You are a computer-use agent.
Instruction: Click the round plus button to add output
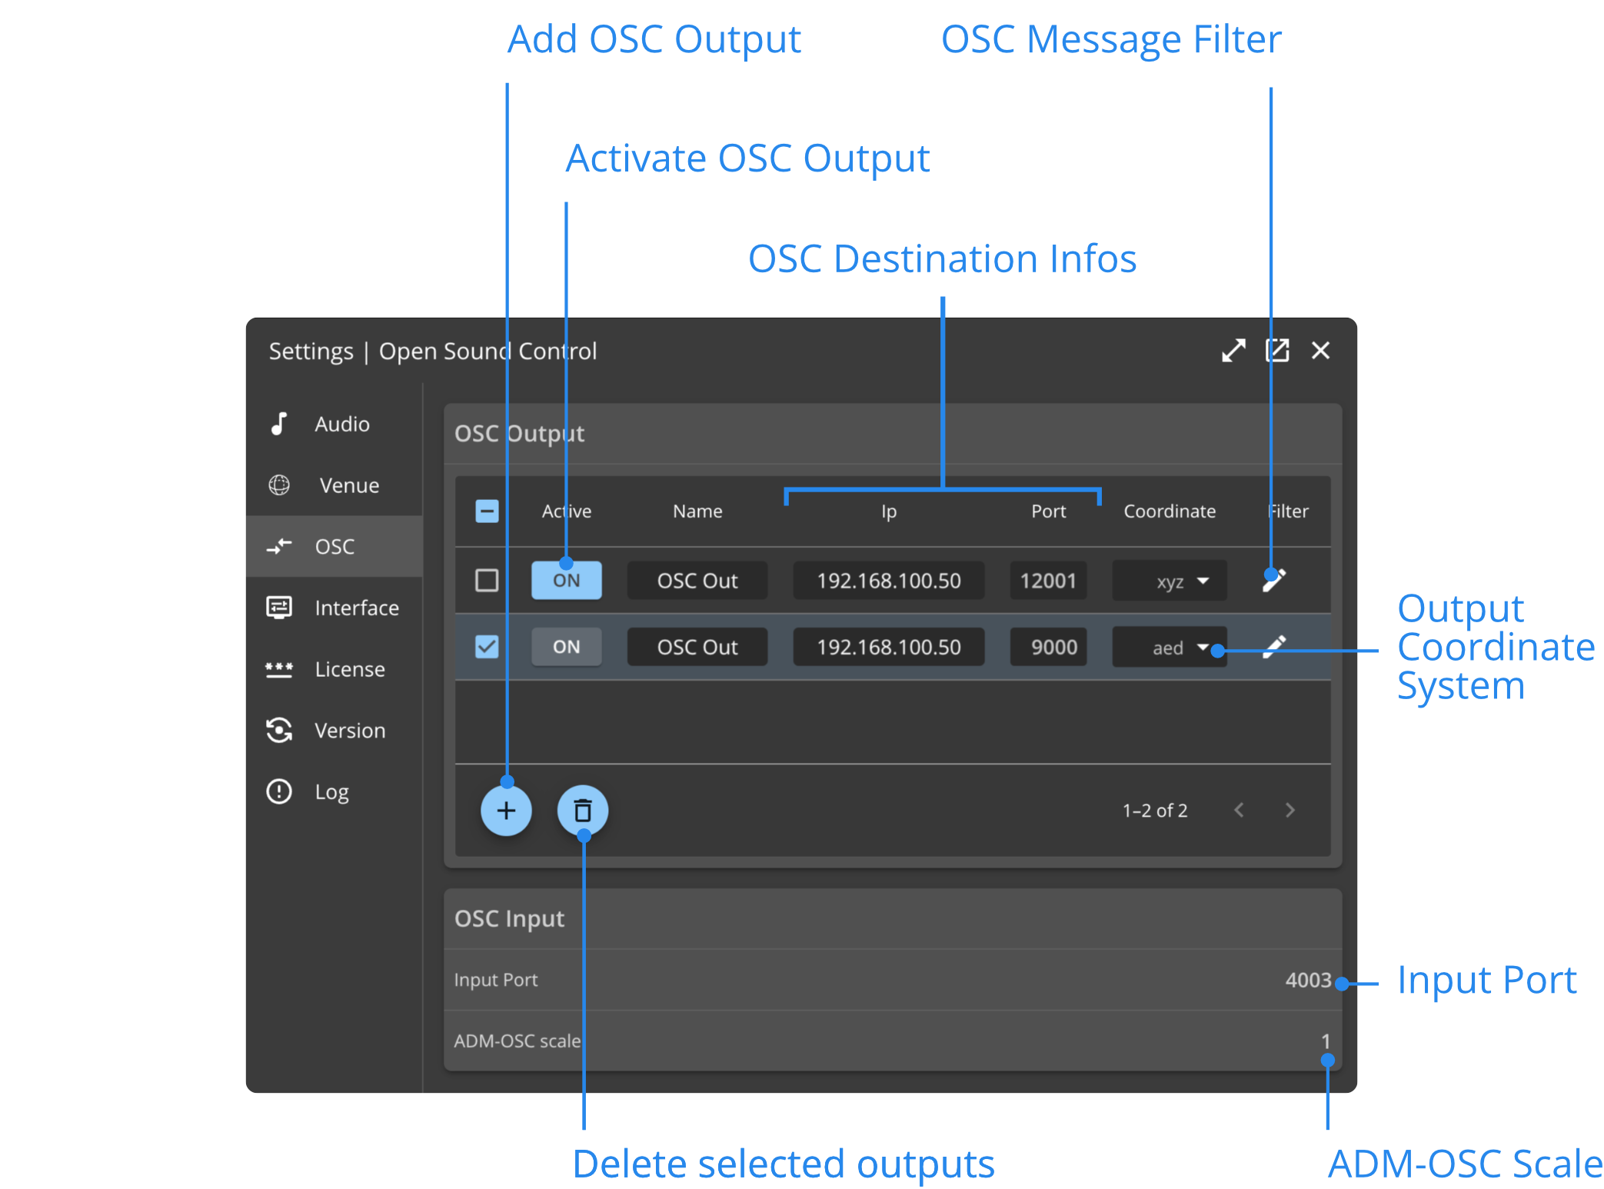pyautogui.click(x=506, y=811)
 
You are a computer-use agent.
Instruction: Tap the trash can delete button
pyautogui.click(x=583, y=811)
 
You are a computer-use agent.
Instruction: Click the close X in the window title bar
pyautogui.click(x=1320, y=351)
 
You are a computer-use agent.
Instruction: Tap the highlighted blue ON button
pyautogui.click(x=566, y=581)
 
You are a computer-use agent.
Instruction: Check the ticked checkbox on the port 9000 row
pyautogui.click(x=487, y=647)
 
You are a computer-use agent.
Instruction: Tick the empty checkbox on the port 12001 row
pyautogui.click(x=487, y=581)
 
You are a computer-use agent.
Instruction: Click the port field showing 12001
pyautogui.click(x=1047, y=581)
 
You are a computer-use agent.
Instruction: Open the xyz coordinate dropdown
pyautogui.click(x=1170, y=581)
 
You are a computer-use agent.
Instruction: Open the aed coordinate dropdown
pyautogui.click(x=1170, y=647)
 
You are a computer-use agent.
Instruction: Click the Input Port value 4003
pyautogui.click(x=1307, y=980)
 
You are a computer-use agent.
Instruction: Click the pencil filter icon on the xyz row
pyautogui.click(x=1273, y=581)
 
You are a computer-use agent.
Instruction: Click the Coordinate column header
pyautogui.click(x=1170, y=511)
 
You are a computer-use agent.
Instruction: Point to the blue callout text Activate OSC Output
pyautogui.click(x=747, y=158)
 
